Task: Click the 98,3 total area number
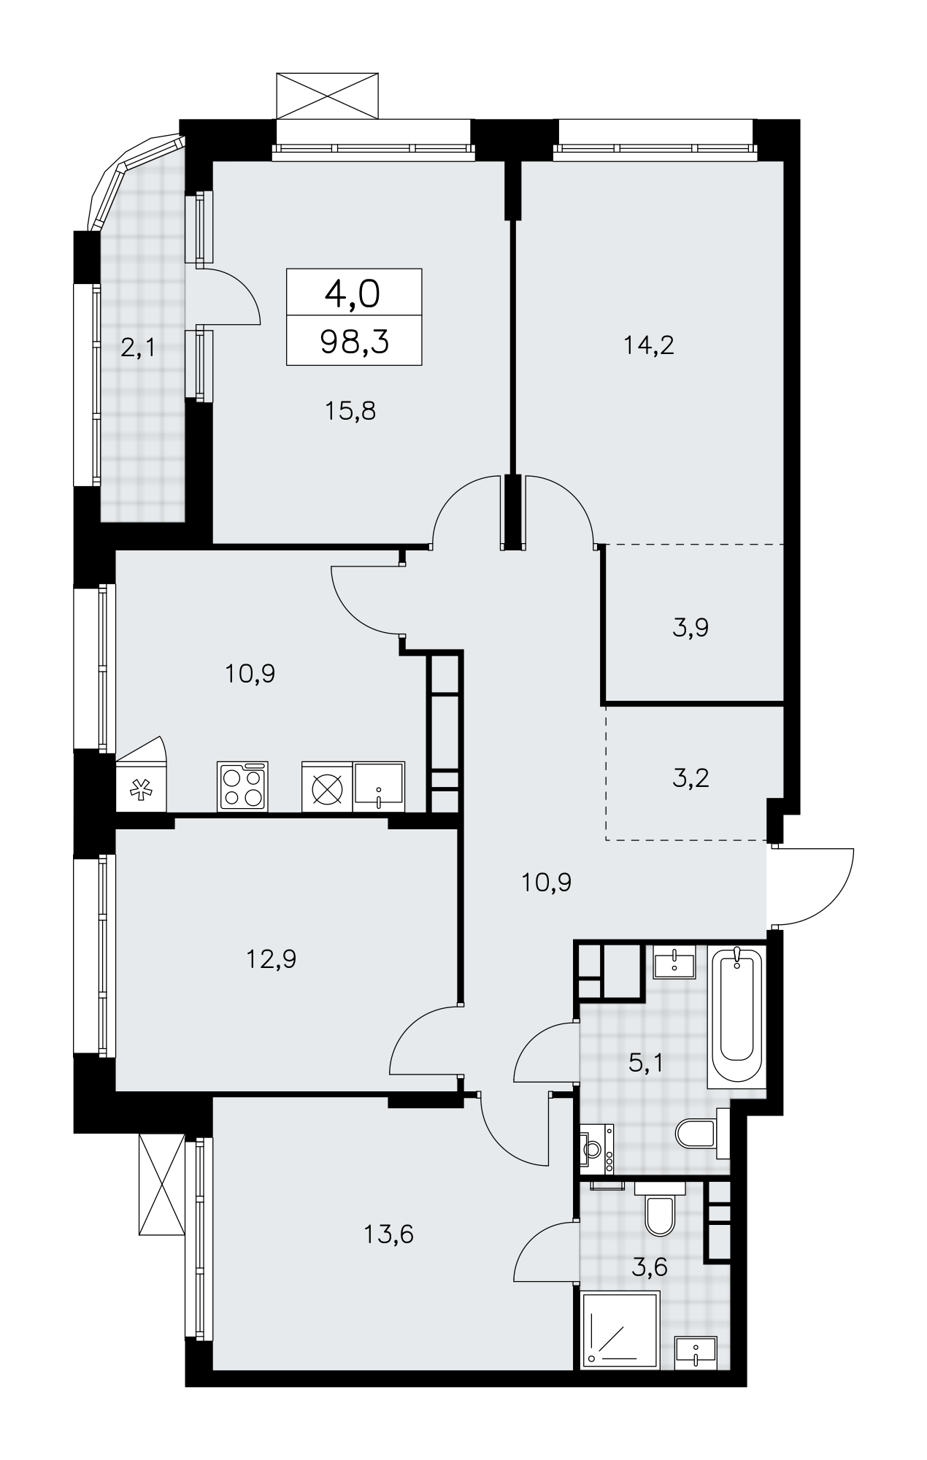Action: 354,341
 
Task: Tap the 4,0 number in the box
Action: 354,293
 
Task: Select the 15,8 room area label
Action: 350,412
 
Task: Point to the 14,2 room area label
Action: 649,345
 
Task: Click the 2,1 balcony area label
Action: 137,348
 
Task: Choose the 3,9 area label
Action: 691,627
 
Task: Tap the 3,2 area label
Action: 691,778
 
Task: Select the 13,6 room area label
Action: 388,1234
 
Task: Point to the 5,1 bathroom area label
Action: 646,1062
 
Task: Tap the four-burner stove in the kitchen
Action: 242,786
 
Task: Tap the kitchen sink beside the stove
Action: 379,786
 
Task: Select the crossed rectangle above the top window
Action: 328,95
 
